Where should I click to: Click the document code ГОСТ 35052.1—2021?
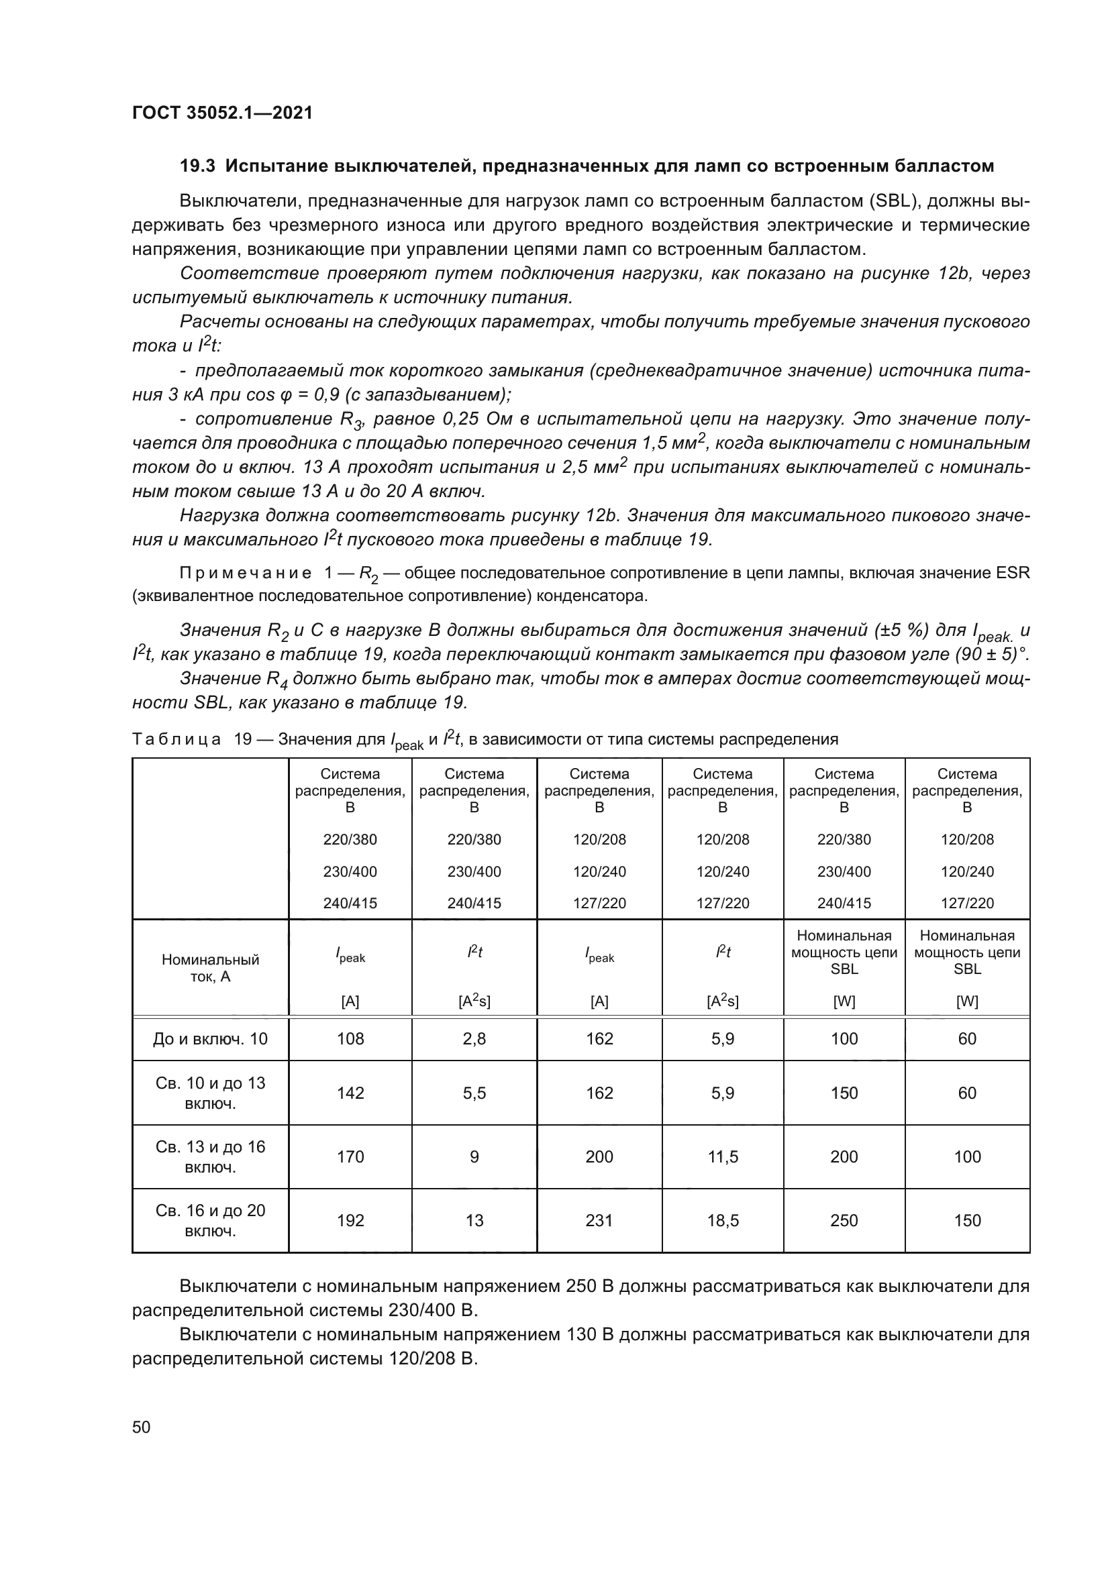pyautogui.click(x=222, y=113)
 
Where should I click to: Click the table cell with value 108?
pyautogui.click(x=350, y=1038)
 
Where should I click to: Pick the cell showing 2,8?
pyautogui.click(x=474, y=1038)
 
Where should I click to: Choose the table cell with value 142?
pyautogui.click(x=350, y=1093)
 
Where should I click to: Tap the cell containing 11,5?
pyautogui.click(x=723, y=1156)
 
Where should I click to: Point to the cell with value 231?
pyautogui.click(x=599, y=1220)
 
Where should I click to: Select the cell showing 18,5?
pyautogui.click(x=723, y=1220)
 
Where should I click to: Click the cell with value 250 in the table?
pyautogui.click(x=844, y=1220)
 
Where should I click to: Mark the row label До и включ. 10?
pyautogui.click(x=211, y=1038)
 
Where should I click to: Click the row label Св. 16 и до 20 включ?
pyautogui.click(x=211, y=1220)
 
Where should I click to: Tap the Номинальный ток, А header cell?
pyautogui.click(x=211, y=968)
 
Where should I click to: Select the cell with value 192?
pyautogui.click(x=350, y=1220)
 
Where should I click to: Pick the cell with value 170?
pyautogui.click(x=350, y=1156)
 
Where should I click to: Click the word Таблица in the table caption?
pyautogui.click(x=176, y=739)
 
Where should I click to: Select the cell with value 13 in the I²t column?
pyautogui.click(x=474, y=1220)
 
